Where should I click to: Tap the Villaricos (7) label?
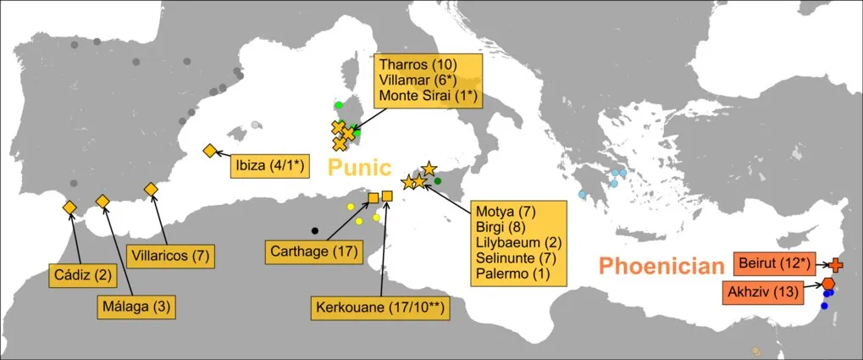coord(169,254)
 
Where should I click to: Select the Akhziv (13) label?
coord(761,293)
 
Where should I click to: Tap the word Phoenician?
coord(661,266)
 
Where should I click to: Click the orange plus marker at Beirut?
coord(837,264)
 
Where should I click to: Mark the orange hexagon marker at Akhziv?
coord(827,284)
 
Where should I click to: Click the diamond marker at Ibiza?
coord(209,151)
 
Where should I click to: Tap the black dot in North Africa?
coord(315,230)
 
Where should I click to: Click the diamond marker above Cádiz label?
coord(69,208)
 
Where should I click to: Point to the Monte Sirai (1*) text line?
coord(430,96)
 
